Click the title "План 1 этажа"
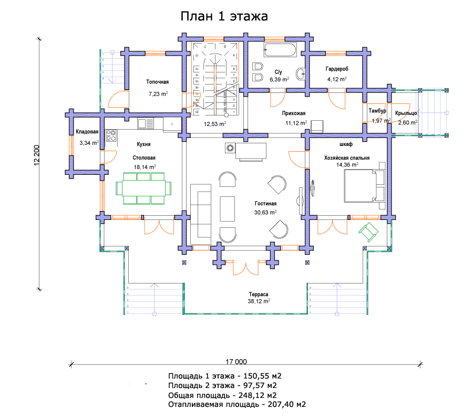[224, 16]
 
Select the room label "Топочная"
[157, 82]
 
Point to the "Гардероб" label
[337, 69]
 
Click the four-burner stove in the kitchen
[111, 136]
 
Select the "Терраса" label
[259, 294]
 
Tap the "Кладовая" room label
[87, 132]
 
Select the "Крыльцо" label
[406, 113]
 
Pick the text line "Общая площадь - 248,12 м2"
[223, 395]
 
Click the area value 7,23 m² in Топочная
[158, 94]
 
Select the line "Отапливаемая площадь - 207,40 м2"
[237, 405]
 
